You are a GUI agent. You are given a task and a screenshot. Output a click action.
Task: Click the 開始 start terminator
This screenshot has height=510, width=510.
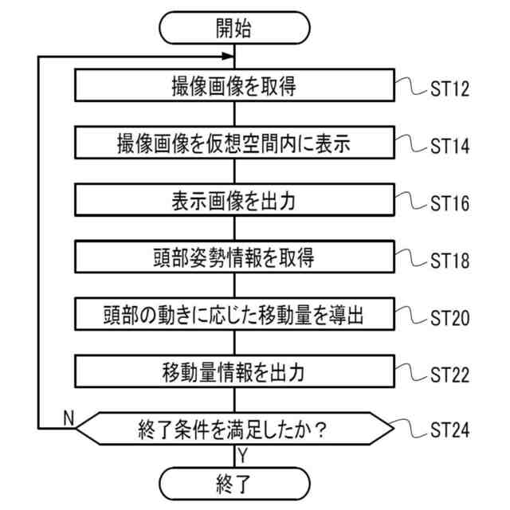click(233, 29)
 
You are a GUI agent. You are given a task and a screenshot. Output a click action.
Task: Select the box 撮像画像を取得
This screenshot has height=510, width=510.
click(233, 86)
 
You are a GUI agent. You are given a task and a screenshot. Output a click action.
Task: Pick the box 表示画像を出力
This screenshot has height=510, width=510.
click(233, 201)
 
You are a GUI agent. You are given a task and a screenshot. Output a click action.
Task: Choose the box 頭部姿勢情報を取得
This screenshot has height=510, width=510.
click(233, 257)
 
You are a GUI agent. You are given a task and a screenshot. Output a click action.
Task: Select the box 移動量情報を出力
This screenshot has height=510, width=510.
click(233, 371)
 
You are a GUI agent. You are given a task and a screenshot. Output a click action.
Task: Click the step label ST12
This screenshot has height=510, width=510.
click(450, 89)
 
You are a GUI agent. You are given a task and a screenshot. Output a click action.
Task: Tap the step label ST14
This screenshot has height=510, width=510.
click(450, 147)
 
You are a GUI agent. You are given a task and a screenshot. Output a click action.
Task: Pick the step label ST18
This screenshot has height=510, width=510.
click(450, 261)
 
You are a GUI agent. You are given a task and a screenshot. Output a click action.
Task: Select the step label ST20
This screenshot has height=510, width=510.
click(450, 317)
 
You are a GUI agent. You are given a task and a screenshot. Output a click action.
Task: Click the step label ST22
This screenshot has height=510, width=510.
click(450, 375)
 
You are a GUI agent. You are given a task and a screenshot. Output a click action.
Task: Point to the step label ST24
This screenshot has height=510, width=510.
click(450, 432)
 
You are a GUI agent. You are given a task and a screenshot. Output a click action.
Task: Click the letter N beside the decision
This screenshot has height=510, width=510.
click(67, 418)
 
